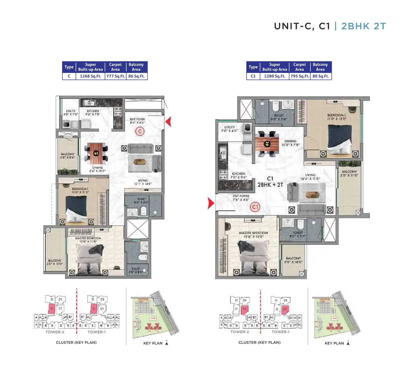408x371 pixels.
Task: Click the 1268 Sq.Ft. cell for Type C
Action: point(90,76)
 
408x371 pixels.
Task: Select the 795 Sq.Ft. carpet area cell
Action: point(300,76)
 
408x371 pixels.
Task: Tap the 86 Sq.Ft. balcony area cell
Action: point(137,76)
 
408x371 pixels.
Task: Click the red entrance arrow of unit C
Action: point(168,121)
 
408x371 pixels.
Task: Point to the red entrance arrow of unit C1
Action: point(211,203)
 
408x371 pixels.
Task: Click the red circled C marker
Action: point(140,131)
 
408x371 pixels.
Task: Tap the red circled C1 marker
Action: point(255,207)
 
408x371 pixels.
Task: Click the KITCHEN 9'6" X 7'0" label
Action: point(93,113)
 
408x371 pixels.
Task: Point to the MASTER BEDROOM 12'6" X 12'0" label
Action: point(253,234)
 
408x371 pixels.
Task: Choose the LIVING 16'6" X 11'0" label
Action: point(310,177)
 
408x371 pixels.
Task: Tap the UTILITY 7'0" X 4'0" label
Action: point(229,129)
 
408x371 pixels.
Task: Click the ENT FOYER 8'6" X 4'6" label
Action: point(137,121)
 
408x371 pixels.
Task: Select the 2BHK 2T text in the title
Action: point(363,26)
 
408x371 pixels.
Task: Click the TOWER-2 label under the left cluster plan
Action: point(55,332)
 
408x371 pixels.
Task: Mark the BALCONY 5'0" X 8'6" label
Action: point(67,156)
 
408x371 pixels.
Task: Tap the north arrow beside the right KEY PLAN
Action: point(348,343)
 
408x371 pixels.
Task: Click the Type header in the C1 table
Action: point(253,67)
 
